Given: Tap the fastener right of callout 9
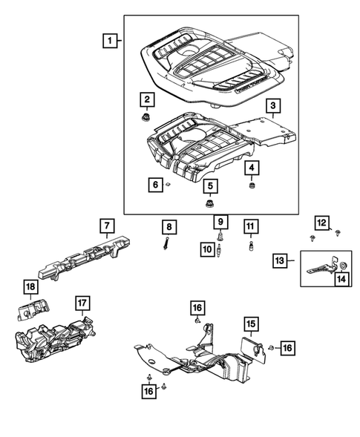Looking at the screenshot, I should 220,235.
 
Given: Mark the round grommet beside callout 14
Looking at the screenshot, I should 344,266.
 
